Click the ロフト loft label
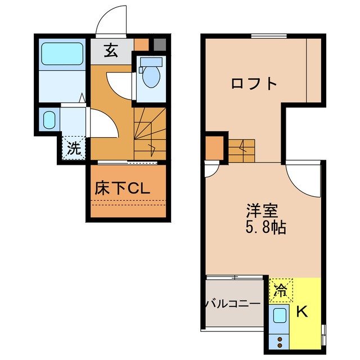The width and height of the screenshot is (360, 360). [x=254, y=84]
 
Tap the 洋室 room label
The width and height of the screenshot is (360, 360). [x=260, y=213]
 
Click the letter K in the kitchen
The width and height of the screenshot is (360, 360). [x=301, y=312]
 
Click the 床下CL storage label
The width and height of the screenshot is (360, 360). [x=121, y=190]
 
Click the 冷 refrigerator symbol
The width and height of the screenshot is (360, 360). [x=279, y=291]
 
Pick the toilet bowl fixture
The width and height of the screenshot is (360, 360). [x=150, y=75]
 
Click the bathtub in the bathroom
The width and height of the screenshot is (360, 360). [x=62, y=55]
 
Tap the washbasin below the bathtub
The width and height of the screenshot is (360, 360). [x=49, y=119]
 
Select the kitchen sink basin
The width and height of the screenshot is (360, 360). [x=280, y=316]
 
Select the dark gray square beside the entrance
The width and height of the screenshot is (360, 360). [x=160, y=43]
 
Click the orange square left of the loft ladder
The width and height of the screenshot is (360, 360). [x=215, y=147]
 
